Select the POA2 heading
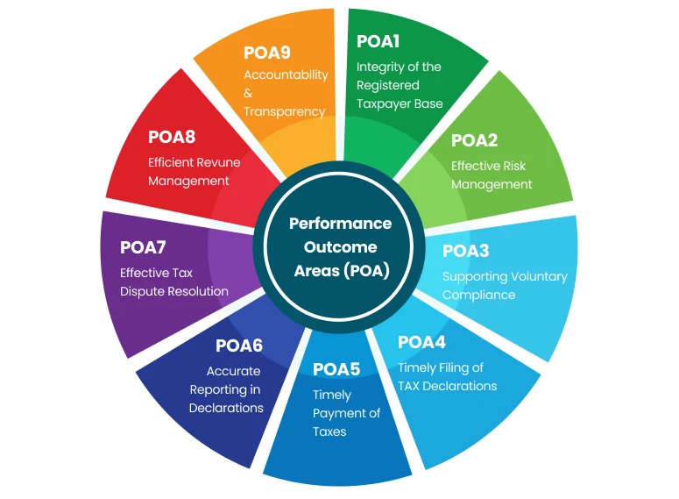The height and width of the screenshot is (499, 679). click(474, 140)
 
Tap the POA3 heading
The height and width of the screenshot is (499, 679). click(465, 252)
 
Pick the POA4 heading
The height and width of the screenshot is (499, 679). click(421, 342)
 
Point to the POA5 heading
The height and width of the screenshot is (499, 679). click(336, 369)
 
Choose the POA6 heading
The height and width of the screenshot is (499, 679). click(238, 346)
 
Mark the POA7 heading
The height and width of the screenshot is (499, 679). click(144, 247)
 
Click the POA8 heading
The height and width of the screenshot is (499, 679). click(172, 137)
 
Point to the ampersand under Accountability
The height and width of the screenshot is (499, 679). click(248, 93)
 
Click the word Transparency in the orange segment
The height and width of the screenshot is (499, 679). click(284, 111)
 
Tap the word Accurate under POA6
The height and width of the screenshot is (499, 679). click(233, 371)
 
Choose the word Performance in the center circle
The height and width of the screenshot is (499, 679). click(340, 224)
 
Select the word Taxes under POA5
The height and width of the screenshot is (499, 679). click(329, 431)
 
